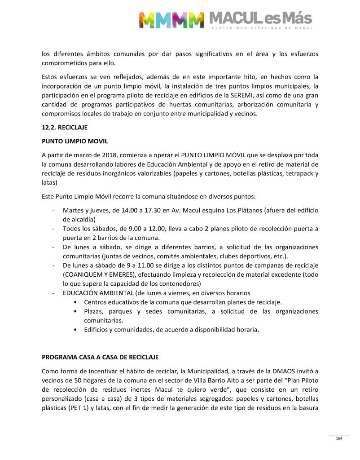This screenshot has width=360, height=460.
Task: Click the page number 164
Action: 339,438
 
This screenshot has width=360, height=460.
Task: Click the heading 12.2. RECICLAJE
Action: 61,128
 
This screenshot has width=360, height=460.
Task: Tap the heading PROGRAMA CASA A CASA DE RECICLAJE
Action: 100,358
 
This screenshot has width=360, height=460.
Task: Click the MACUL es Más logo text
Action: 260,18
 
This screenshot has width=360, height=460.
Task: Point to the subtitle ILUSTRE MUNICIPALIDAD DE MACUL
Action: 260,29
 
